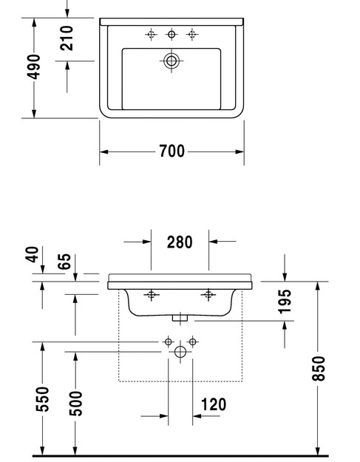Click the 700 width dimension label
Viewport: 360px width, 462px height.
172,151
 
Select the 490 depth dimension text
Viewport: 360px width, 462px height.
33,67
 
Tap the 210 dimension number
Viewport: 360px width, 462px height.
67,38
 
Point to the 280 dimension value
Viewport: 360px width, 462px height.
180,242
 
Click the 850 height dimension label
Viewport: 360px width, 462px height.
319,368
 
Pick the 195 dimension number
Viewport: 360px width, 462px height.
285,302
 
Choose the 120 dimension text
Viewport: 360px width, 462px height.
214,404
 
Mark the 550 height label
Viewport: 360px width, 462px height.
42,399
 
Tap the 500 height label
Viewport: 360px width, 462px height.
75,404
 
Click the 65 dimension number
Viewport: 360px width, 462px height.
64,262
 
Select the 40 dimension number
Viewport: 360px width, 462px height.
32,254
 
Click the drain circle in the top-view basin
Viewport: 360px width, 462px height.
171,61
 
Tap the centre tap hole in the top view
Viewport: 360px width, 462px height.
171,35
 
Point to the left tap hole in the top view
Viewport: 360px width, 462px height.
151,35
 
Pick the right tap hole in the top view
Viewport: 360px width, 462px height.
192,35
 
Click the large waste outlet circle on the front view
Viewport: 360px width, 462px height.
180,352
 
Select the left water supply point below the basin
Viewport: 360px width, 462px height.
169,342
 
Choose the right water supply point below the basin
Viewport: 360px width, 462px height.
193,342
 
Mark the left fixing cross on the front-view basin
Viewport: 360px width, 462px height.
152,295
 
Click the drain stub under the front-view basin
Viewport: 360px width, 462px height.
180,318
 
